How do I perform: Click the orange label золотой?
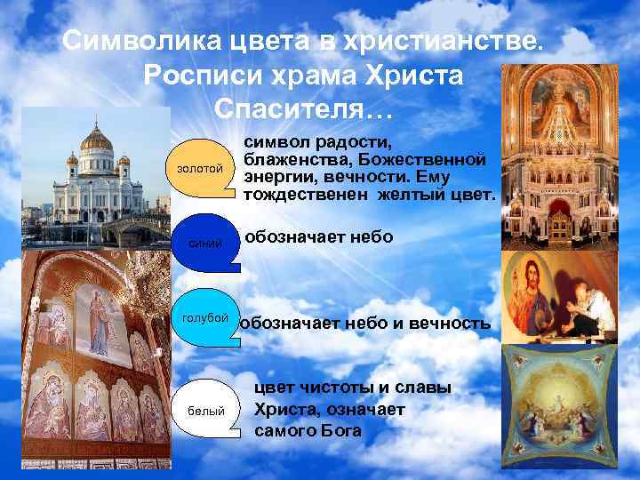coord(201,169)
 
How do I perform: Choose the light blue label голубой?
coord(205,317)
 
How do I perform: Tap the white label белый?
coord(206,410)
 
